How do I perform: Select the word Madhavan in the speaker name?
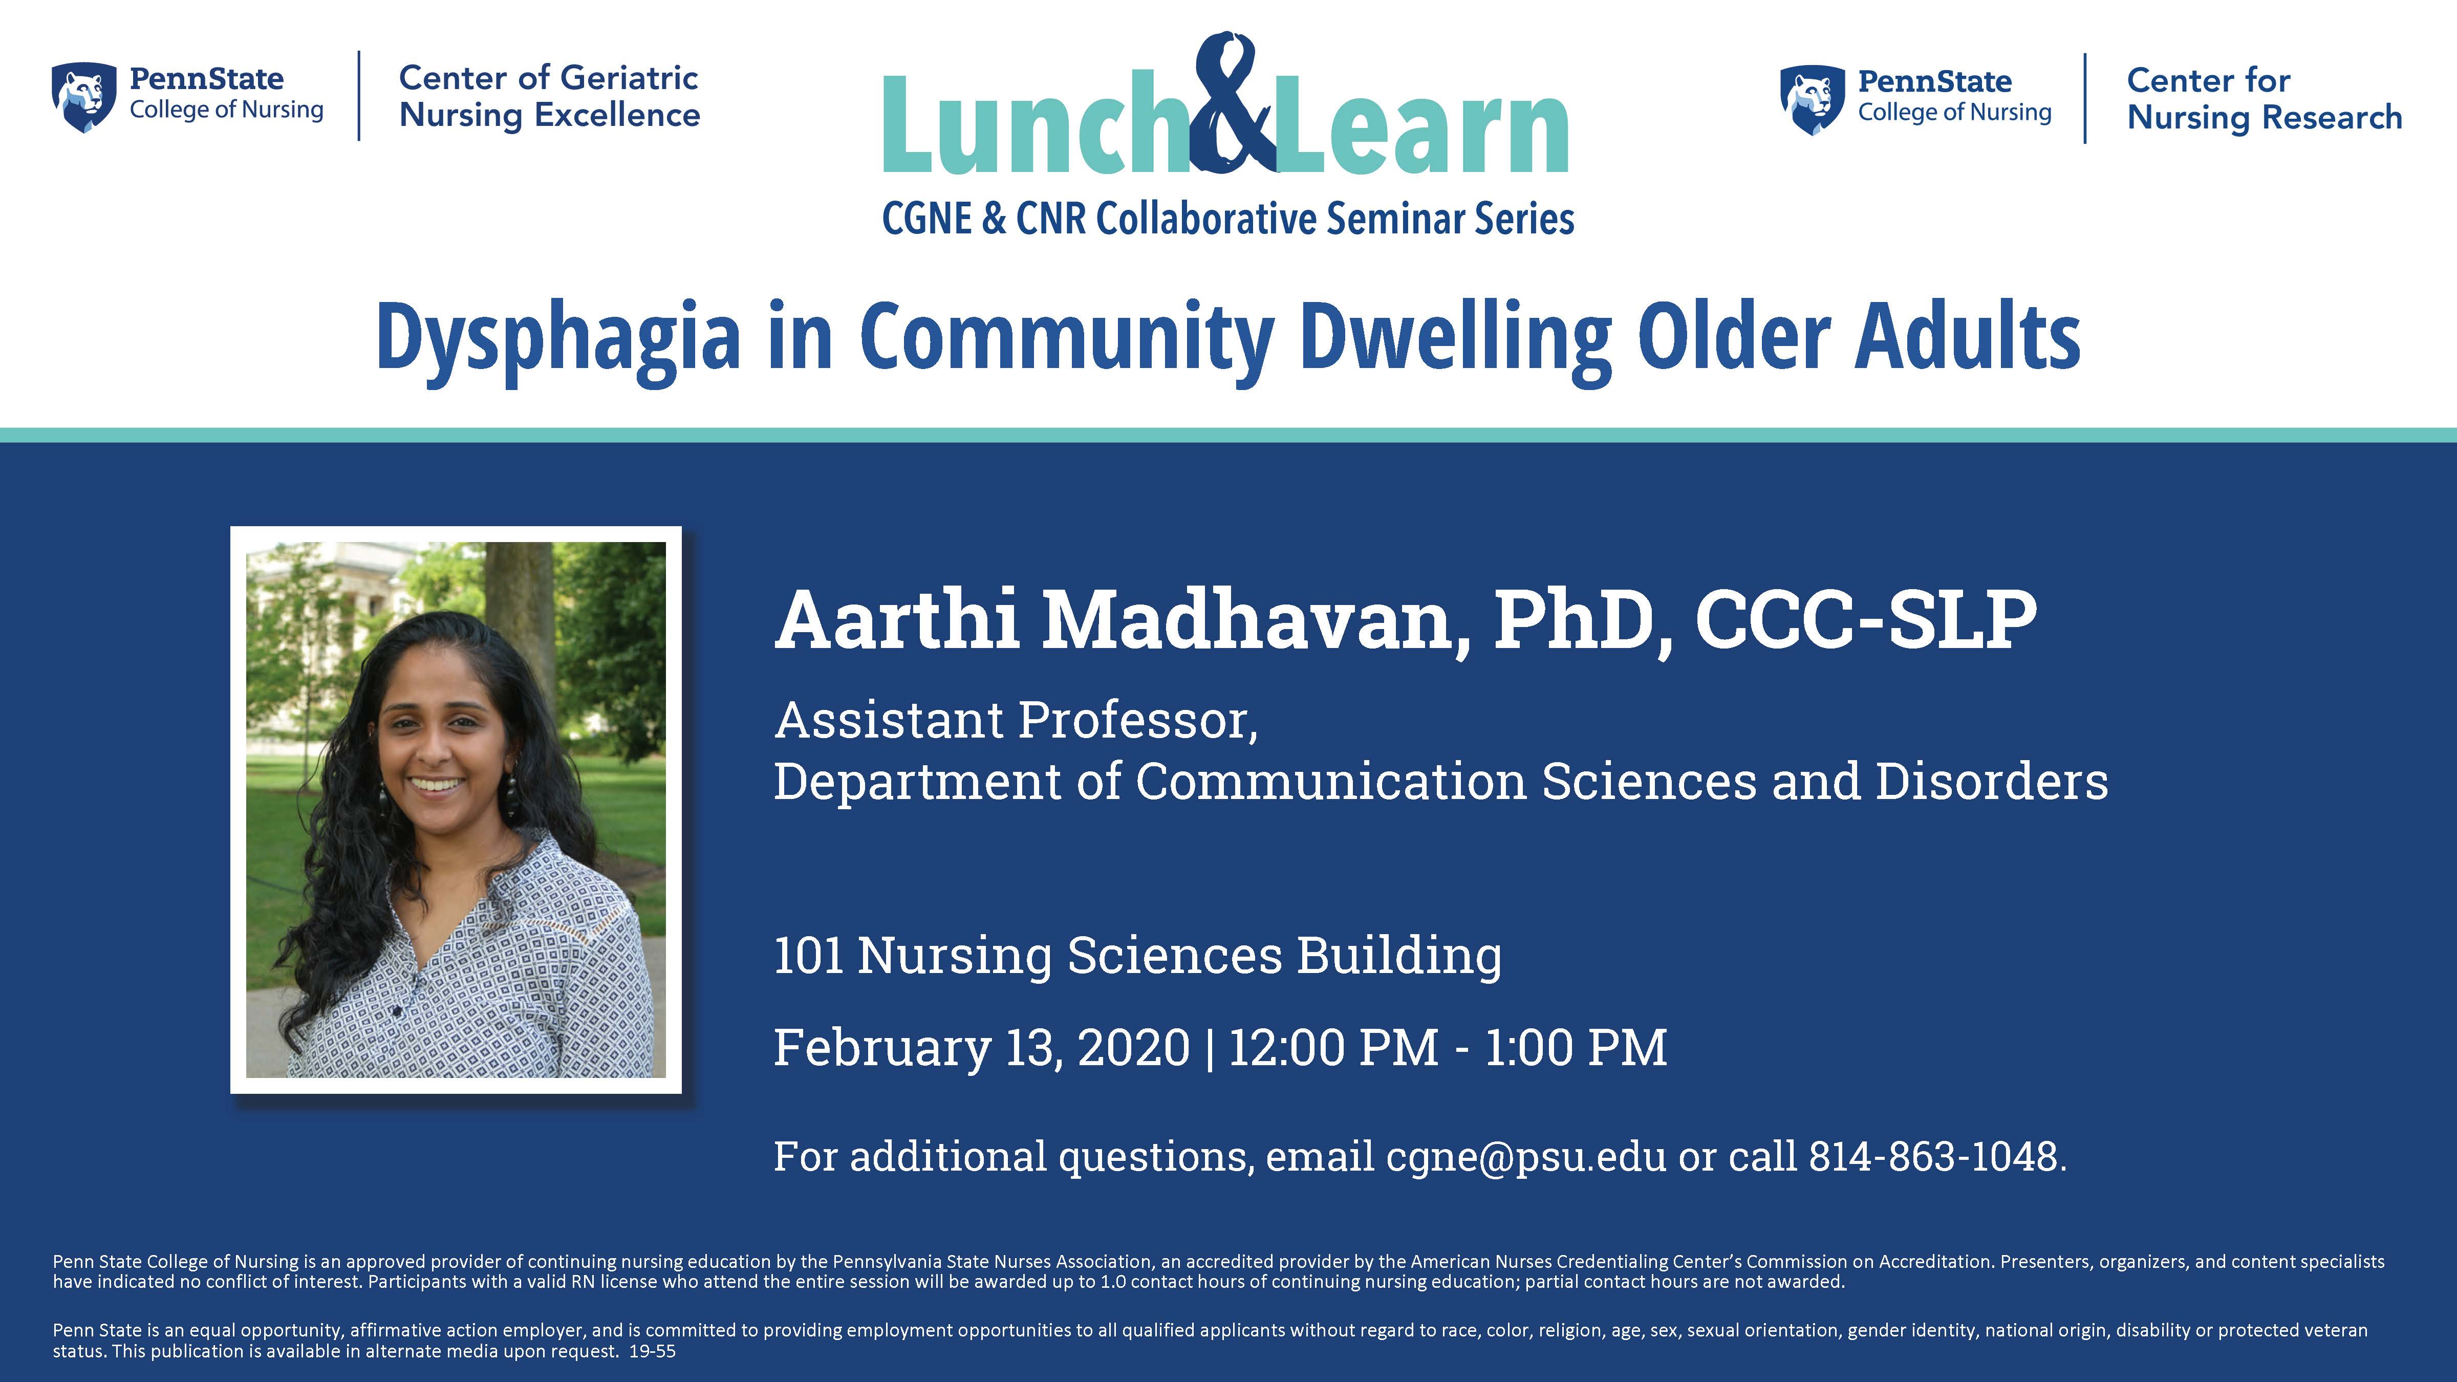[1256, 620]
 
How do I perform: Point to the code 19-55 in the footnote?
[653, 1351]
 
